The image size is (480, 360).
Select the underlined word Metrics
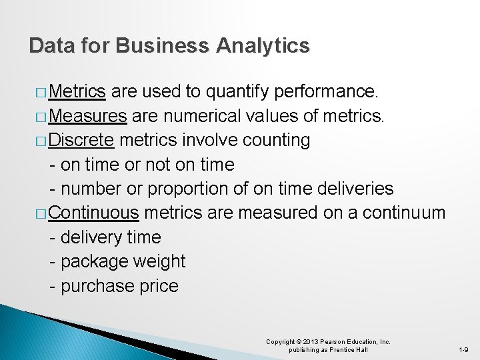click(x=77, y=91)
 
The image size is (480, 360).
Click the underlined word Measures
click(x=87, y=115)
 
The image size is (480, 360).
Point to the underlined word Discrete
click(x=82, y=140)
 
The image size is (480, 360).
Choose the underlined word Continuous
click(x=94, y=213)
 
